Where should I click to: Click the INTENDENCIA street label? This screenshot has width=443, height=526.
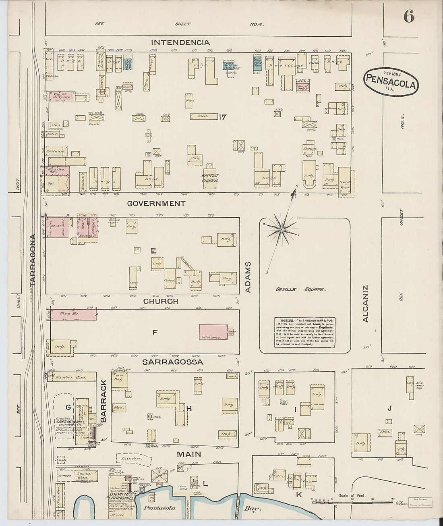click(x=180, y=42)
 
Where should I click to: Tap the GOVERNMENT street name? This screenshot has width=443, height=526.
click(x=156, y=204)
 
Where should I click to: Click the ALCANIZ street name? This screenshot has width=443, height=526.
click(x=366, y=304)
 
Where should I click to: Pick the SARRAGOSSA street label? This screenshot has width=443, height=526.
click(x=173, y=362)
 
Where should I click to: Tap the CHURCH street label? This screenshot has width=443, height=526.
click(x=160, y=301)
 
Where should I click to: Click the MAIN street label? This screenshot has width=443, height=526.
click(x=189, y=454)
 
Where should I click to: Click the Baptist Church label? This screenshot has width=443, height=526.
click(x=210, y=179)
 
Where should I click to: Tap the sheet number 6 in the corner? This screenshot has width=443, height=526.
click(x=409, y=17)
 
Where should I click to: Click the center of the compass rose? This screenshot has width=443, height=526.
click(x=281, y=229)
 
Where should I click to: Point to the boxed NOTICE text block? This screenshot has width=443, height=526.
click(x=305, y=333)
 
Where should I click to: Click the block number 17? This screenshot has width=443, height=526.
click(x=223, y=117)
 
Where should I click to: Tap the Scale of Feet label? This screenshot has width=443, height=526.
click(x=352, y=496)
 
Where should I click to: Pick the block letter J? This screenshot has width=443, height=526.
click(x=389, y=409)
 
